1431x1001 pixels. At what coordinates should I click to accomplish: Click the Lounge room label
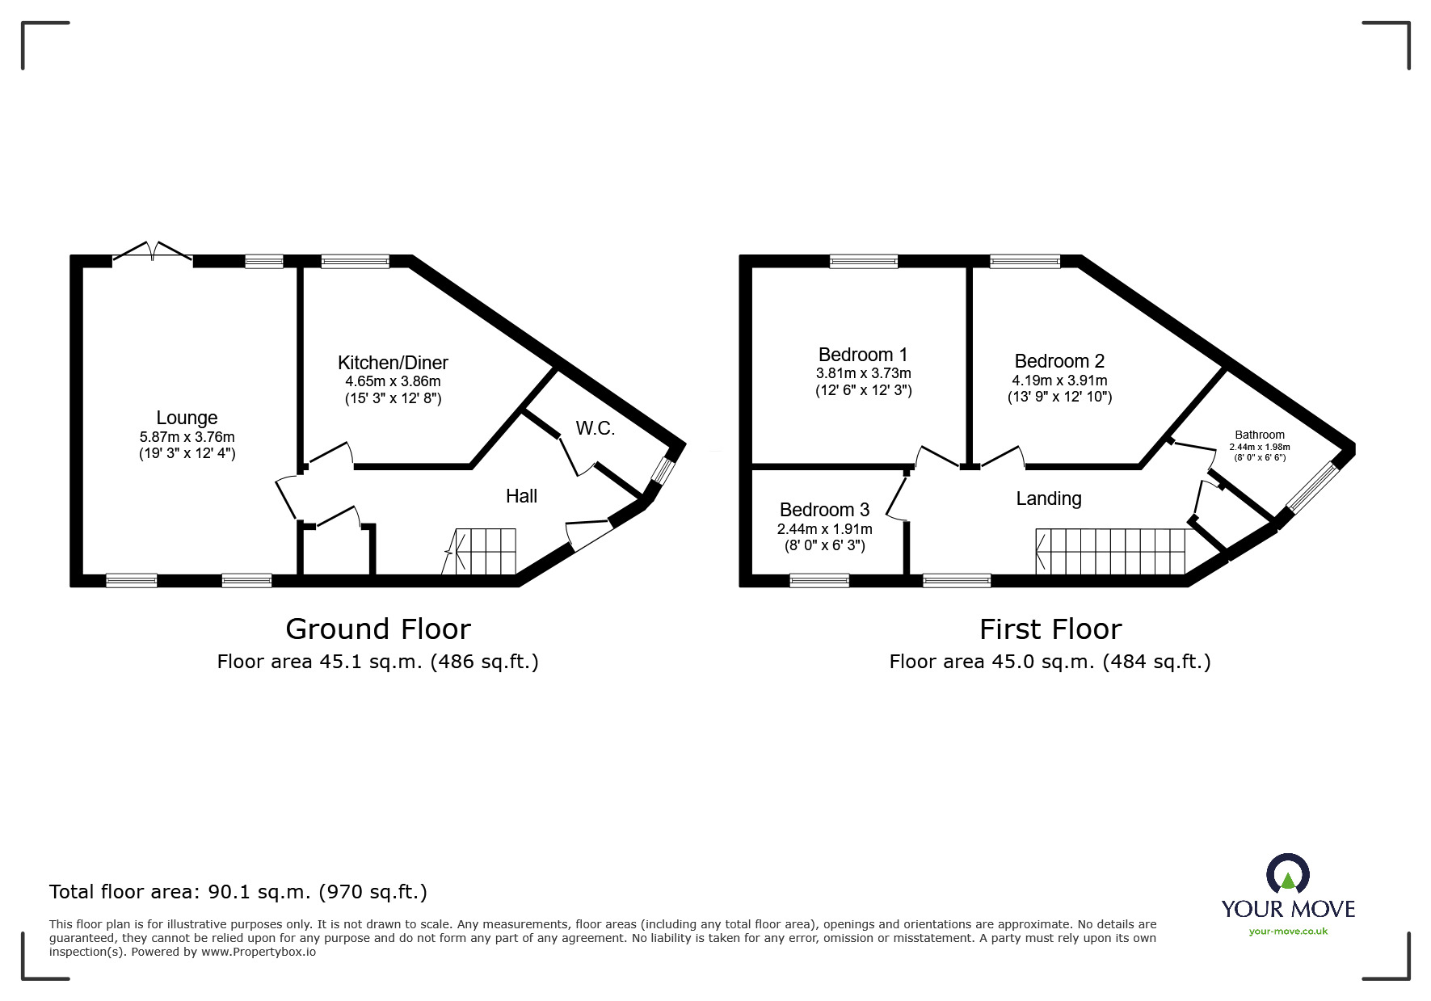coord(187,418)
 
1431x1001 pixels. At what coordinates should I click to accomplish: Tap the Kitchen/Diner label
coord(393,363)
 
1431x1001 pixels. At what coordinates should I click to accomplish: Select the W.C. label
coord(596,428)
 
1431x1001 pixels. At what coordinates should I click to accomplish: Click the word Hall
coord(521,496)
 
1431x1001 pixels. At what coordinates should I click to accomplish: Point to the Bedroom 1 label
coord(863,355)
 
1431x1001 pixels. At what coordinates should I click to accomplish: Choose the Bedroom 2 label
coord(1059,361)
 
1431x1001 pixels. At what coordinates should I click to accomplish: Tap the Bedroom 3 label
coord(824,510)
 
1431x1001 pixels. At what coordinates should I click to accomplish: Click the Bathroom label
coord(1259,435)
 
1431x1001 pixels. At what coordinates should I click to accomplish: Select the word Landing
coord(1048,498)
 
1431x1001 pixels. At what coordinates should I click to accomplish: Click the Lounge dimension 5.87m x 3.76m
coord(187,437)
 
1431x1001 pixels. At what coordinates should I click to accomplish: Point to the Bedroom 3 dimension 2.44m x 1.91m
coord(824,529)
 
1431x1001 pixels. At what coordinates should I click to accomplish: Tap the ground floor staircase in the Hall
coord(485,551)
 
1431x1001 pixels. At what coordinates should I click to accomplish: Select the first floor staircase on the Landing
coord(1111,551)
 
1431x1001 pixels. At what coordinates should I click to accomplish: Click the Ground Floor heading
coord(378,629)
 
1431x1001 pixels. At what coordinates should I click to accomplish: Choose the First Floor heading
coord(1050,629)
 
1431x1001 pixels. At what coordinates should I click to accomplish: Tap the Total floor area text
coord(238,892)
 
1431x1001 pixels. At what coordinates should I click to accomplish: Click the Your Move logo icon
coord(1287,874)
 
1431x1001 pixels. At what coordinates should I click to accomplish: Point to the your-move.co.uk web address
coord(1288,932)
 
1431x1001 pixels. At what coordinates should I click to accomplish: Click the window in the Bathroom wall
coord(1312,487)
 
